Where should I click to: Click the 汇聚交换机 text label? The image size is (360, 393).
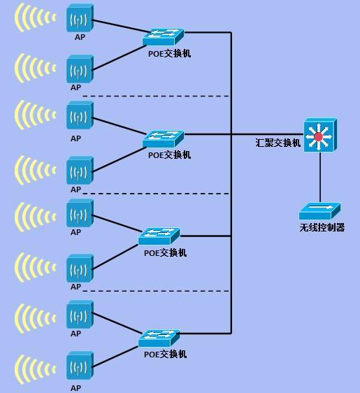click(x=278, y=143)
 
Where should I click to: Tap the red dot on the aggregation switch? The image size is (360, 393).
click(x=319, y=137)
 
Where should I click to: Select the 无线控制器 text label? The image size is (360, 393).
click(x=322, y=227)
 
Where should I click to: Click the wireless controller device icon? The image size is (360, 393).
click(x=319, y=211)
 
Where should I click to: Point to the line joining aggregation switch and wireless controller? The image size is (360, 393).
click(x=320, y=177)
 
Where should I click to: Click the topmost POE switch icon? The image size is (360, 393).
click(x=164, y=37)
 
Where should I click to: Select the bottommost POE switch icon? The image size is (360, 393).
click(x=159, y=338)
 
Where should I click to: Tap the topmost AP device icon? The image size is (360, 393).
click(x=80, y=18)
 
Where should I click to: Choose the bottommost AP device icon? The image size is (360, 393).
click(x=80, y=366)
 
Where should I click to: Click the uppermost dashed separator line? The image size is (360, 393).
click(x=156, y=96)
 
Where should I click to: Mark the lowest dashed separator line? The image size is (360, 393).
click(x=156, y=291)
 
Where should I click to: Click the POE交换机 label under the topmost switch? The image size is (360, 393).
click(x=170, y=54)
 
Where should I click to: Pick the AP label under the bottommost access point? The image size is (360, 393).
click(x=75, y=388)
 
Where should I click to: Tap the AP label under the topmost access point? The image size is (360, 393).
click(x=80, y=37)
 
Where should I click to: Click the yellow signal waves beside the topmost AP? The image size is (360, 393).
click(x=35, y=17)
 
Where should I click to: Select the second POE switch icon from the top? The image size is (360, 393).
click(x=164, y=139)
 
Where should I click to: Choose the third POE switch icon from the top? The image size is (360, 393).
click(x=159, y=236)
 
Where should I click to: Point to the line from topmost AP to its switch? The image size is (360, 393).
click(x=121, y=26)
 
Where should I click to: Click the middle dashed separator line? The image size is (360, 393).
click(x=156, y=194)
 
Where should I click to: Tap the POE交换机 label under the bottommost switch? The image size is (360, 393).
click(x=166, y=354)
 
